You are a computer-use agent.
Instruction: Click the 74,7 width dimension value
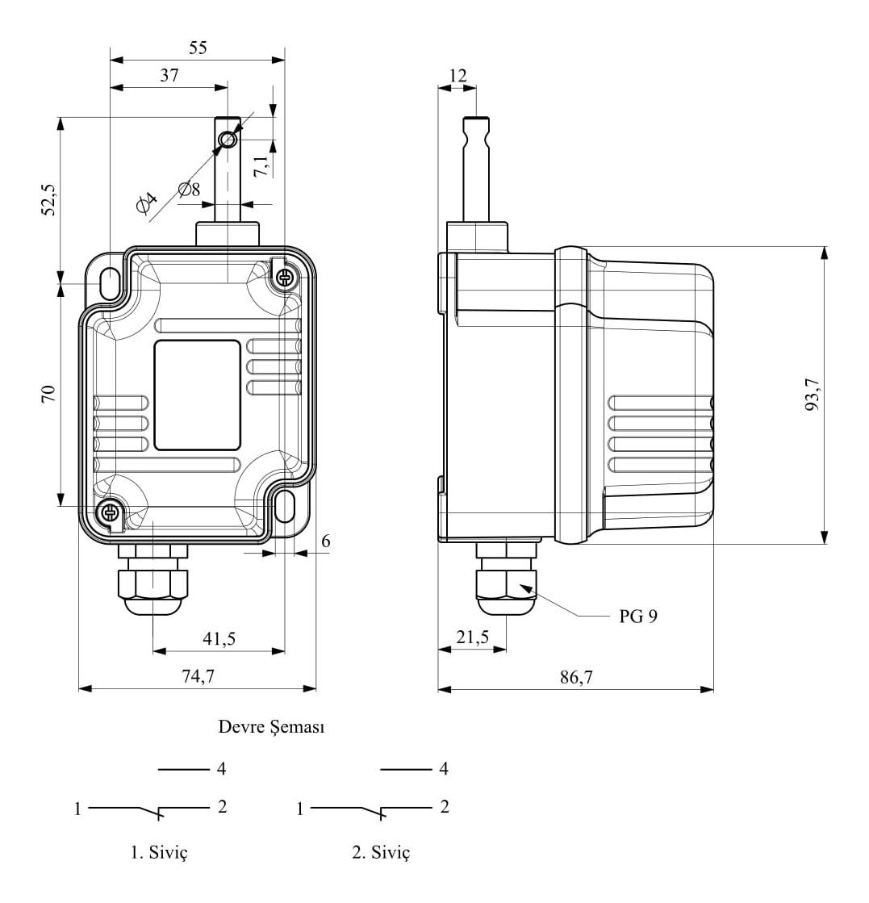click(x=198, y=675)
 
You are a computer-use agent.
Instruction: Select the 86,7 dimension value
click(x=576, y=677)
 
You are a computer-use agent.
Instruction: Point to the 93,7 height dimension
click(x=812, y=395)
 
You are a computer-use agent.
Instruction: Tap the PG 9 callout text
click(x=638, y=617)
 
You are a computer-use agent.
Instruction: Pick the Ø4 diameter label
click(x=146, y=202)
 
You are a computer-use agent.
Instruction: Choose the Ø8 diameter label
click(x=189, y=189)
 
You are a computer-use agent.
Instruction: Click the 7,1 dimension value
click(x=261, y=166)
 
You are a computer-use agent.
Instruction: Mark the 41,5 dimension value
click(x=219, y=638)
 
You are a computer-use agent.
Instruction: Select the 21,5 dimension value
click(x=472, y=637)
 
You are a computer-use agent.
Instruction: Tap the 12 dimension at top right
click(x=457, y=75)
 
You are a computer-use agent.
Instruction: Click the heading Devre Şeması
click(x=271, y=727)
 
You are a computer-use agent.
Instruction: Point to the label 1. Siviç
click(x=160, y=851)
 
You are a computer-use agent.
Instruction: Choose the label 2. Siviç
click(x=381, y=851)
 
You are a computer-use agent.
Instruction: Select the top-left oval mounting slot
click(x=110, y=282)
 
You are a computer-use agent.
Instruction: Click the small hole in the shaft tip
click(x=228, y=140)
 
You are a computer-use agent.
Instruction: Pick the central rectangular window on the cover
click(x=197, y=395)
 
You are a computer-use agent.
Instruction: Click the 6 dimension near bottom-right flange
click(x=326, y=541)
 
